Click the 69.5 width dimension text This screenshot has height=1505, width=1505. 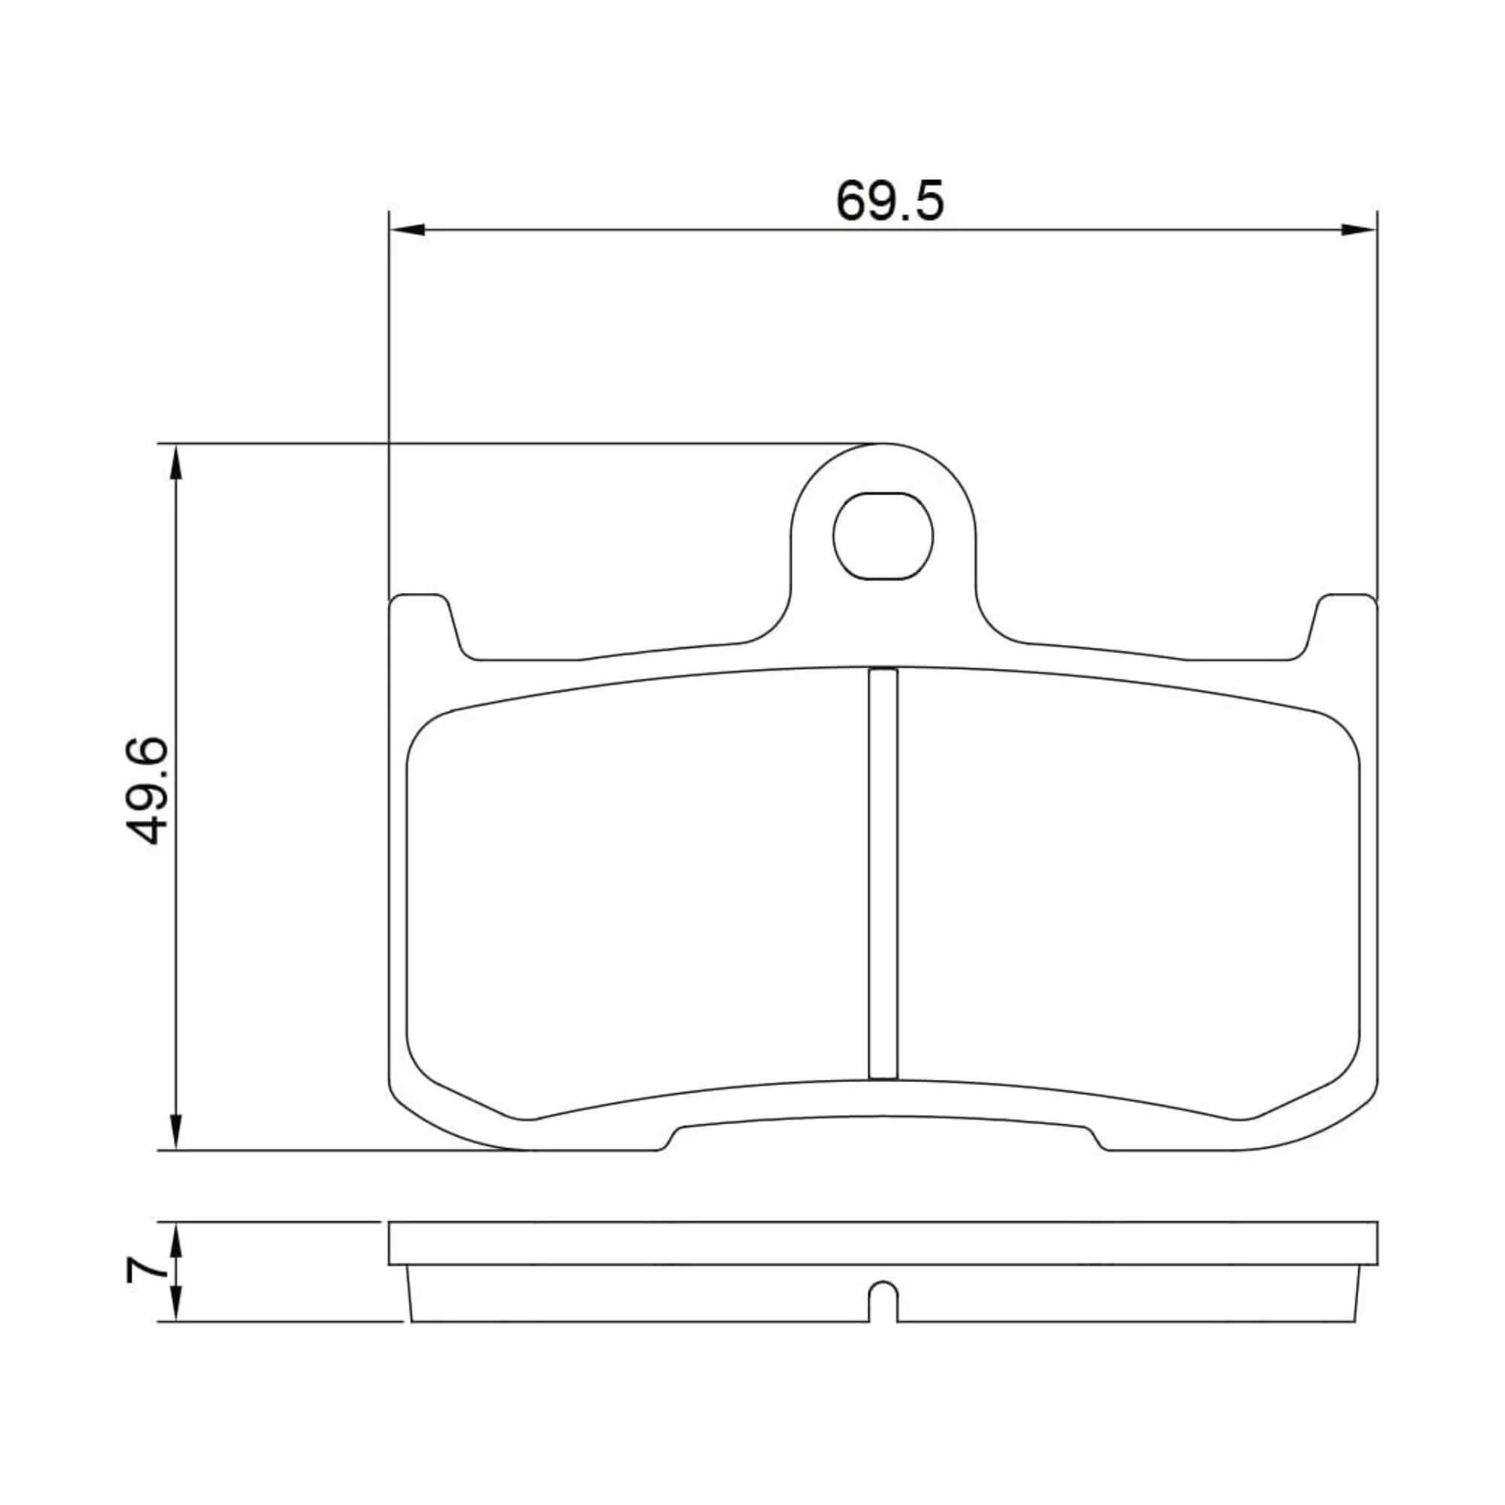889,201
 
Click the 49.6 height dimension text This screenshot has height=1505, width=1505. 146,792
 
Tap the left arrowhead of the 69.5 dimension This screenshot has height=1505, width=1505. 406,230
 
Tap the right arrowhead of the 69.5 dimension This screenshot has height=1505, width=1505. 1358,230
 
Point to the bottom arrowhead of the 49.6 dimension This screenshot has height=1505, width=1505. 177,1130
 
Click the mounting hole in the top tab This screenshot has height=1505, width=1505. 883,536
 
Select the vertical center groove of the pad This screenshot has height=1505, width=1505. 883,873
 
